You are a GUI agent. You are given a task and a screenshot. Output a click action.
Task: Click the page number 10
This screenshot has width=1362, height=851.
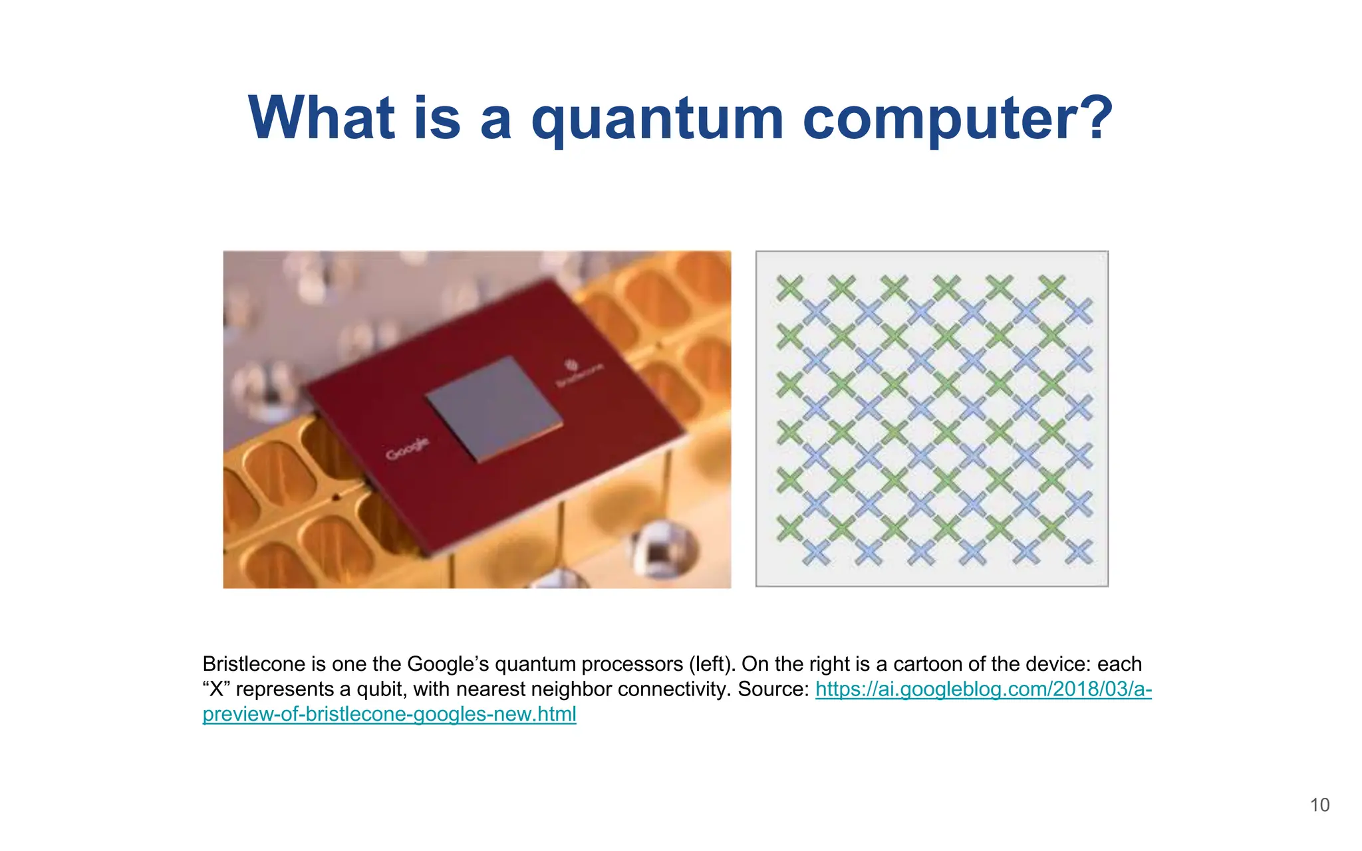[x=1319, y=805]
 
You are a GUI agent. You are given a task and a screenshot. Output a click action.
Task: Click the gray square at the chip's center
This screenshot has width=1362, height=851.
[x=493, y=408]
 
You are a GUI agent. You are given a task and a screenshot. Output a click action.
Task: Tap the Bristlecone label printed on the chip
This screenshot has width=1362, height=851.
[x=579, y=373]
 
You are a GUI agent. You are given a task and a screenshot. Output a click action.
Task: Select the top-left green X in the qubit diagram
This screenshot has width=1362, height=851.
[x=790, y=288]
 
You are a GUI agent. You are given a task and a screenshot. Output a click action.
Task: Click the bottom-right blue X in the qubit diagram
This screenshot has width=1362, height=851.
[x=1079, y=552]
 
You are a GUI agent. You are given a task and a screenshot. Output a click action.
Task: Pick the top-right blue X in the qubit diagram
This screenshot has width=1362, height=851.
[x=1079, y=310]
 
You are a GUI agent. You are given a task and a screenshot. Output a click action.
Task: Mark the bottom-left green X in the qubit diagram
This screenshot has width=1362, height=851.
[x=790, y=529]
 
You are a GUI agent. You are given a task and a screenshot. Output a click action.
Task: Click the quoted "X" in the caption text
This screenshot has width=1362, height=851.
[x=215, y=689]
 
